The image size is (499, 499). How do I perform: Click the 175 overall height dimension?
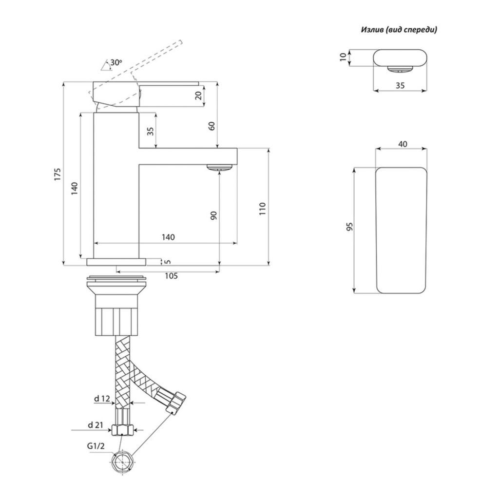pos(58,174)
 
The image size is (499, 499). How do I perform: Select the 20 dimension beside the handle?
pos(199,95)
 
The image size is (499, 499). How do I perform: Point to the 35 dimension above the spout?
pos(151,131)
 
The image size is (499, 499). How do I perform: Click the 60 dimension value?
pos(212,126)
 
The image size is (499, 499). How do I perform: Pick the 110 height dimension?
pos(262,209)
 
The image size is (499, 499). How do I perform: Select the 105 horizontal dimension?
pos(171,276)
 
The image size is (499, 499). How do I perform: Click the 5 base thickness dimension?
pos(168,262)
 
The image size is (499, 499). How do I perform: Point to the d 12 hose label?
pos(102,398)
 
